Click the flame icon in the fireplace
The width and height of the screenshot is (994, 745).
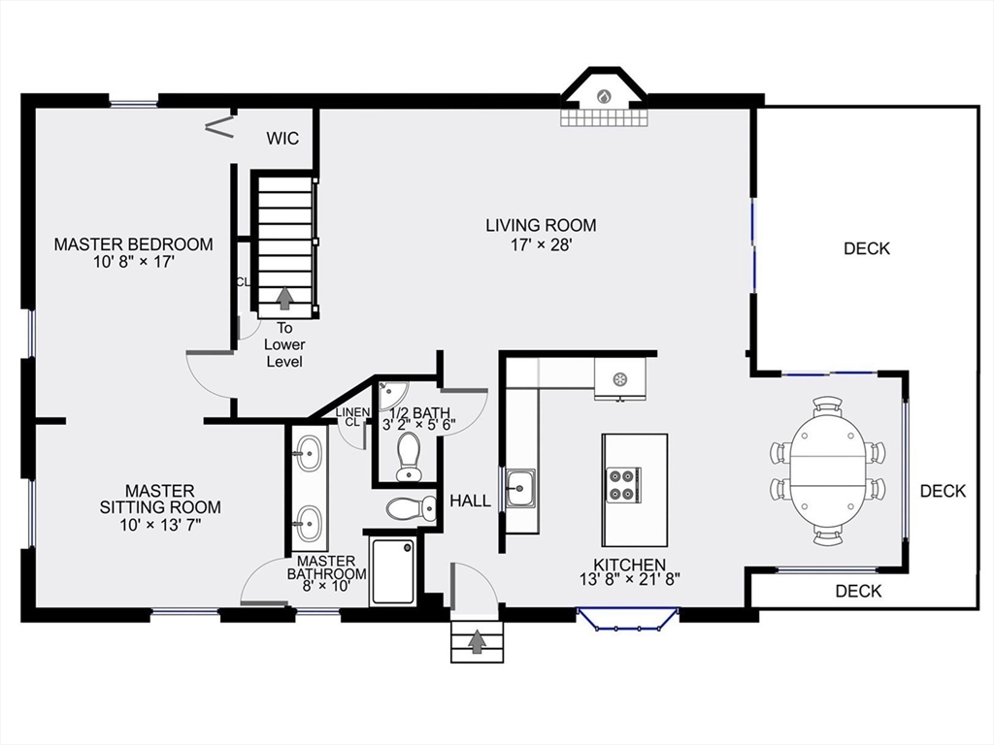coord(603,96)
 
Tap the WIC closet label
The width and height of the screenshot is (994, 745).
coord(282,139)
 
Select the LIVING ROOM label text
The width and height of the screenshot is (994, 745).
coord(541,225)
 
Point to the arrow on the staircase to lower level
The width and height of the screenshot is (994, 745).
coord(284,297)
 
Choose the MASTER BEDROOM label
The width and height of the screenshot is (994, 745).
coord(133,243)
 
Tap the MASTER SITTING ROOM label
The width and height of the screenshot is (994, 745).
coord(160,499)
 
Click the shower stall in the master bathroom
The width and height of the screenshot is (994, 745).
coord(393,570)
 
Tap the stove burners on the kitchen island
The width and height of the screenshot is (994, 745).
coord(622,484)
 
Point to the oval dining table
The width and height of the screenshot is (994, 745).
coord(826,470)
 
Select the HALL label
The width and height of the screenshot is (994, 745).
coord(470,501)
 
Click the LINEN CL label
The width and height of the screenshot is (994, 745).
coord(351,417)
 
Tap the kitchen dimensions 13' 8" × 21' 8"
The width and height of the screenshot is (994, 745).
coord(630,580)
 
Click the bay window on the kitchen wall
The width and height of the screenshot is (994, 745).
coord(627,619)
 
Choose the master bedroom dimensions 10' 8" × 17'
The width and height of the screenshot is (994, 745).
coord(133,261)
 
